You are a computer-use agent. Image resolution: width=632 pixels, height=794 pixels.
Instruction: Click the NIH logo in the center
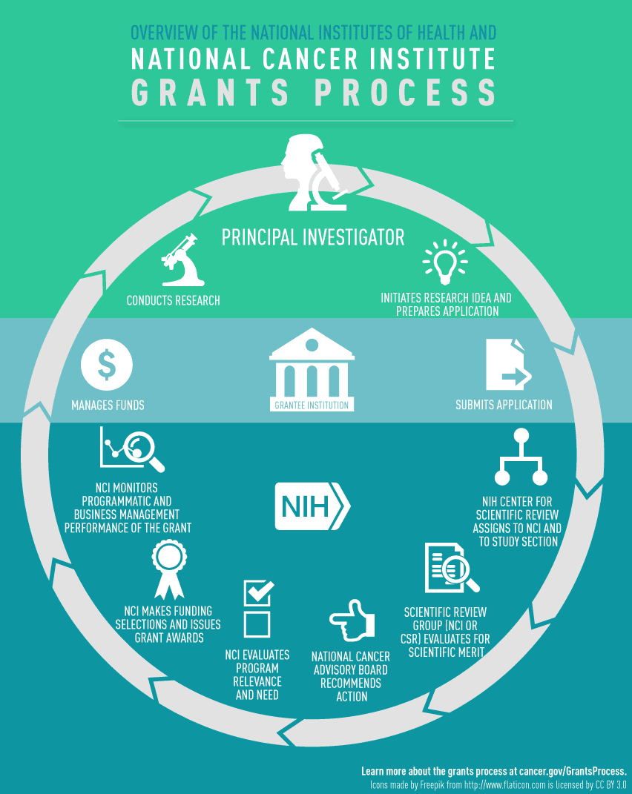coord(312,506)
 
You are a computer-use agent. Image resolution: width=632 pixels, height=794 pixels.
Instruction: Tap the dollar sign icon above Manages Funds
coord(107,363)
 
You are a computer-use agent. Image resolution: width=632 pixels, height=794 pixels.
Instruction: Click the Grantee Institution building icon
coord(312,368)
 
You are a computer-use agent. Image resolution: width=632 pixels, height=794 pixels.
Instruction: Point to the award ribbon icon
coord(168,569)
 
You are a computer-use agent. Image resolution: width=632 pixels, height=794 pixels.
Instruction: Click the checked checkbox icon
coord(258,592)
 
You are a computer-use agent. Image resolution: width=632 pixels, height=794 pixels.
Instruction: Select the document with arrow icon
coord(507,365)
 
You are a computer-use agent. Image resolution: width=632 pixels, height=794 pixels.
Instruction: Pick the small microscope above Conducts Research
coord(181,260)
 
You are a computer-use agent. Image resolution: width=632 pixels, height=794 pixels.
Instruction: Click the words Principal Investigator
coord(313,237)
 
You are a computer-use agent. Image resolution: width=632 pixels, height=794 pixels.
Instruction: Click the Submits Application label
coord(504,405)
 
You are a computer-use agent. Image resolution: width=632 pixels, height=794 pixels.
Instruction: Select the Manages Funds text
coord(108,406)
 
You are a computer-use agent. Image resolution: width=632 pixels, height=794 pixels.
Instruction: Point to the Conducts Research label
coord(173,301)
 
